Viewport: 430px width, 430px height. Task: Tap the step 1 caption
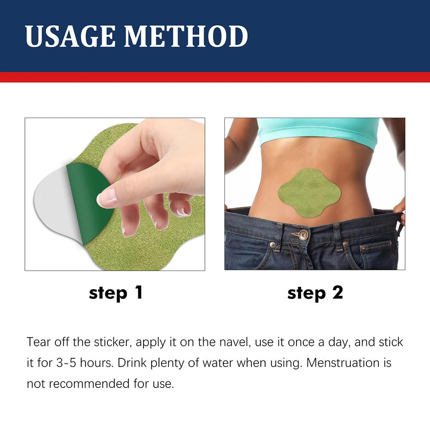[116, 293]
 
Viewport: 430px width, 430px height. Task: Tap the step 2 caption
[315, 293]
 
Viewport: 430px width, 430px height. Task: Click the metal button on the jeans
[304, 235]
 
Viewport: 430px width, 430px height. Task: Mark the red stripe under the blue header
[215, 77]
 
